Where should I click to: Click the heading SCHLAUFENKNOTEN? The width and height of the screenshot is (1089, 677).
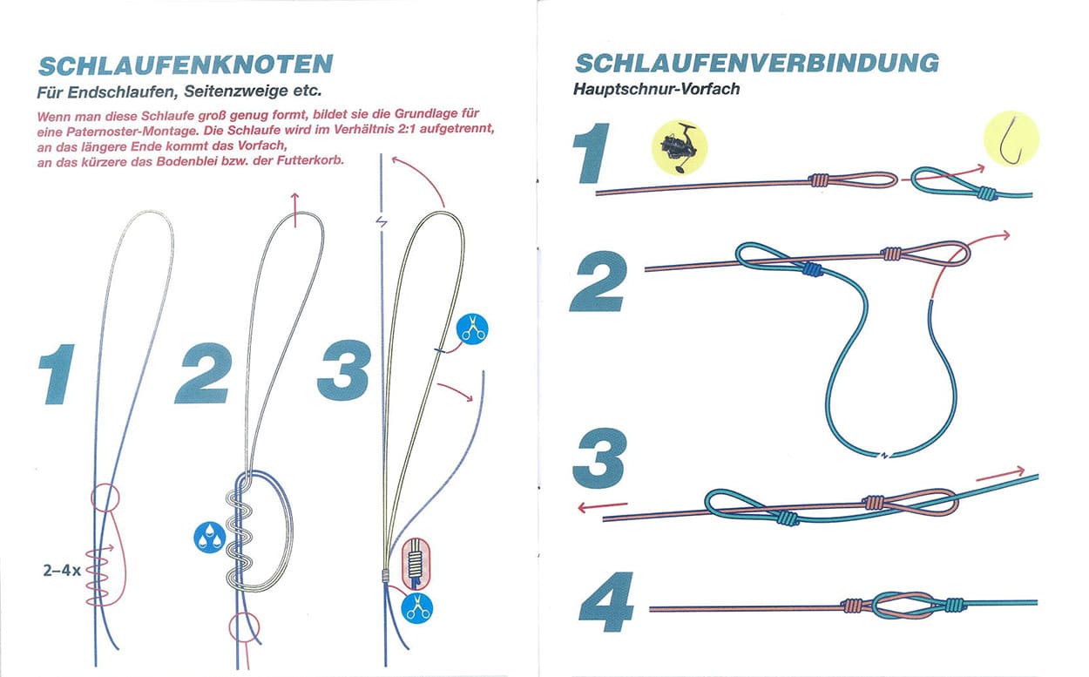pos(186,65)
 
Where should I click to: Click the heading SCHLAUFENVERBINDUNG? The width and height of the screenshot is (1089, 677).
pos(757,64)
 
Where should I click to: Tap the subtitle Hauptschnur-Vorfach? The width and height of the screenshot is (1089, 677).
pos(656,89)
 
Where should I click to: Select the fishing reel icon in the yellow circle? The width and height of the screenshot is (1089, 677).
pos(680,147)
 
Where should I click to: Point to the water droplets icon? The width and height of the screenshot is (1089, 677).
pos(210,538)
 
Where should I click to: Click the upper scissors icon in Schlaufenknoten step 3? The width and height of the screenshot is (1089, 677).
pos(472,329)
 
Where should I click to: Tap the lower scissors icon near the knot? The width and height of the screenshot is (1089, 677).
pos(417,608)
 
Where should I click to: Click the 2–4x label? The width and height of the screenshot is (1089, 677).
pos(62,570)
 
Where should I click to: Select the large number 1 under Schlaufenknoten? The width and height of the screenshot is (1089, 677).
pos(57,374)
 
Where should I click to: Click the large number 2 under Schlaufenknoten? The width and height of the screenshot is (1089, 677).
pos(204,373)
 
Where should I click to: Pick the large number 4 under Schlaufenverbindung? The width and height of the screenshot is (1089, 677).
pos(606,602)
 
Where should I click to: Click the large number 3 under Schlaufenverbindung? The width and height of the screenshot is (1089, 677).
pos(600,458)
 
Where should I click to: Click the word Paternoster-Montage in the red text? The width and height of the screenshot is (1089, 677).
pos(132,132)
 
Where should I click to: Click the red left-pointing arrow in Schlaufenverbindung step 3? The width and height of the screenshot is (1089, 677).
pos(603,507)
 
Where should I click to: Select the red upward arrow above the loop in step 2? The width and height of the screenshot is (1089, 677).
pos(294,210)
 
